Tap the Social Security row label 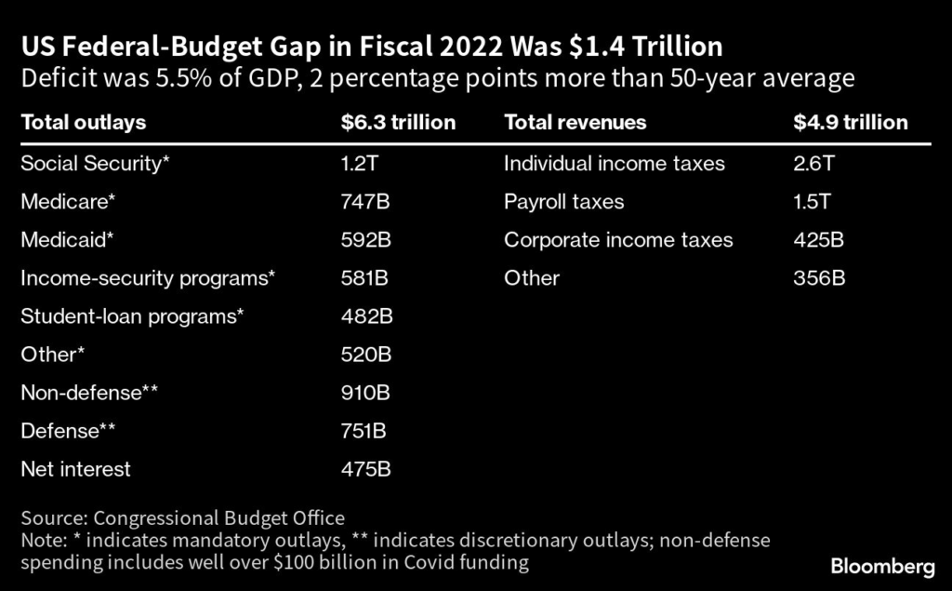(96, 164)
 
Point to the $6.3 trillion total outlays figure (398, 122)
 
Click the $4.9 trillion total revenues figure (850, 122)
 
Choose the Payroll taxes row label (564, 202)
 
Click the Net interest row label (75, 469)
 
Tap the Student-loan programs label (132, 316)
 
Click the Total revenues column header (575, 122)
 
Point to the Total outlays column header (83, 122)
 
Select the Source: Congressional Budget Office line (182, 518)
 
